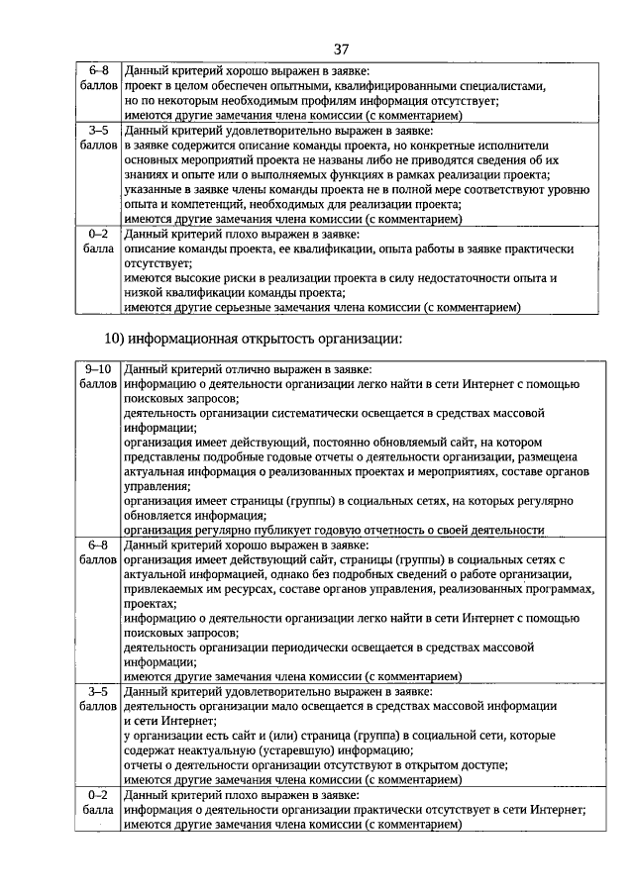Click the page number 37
[x=342, y=50]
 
